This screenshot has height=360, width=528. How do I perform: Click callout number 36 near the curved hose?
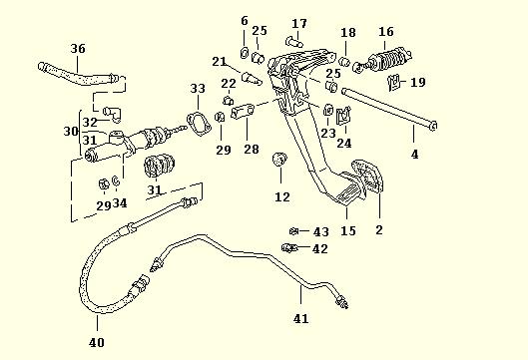point(79,48)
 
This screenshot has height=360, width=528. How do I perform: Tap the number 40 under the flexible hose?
point(97,343)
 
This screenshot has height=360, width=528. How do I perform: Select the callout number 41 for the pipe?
point(300,319)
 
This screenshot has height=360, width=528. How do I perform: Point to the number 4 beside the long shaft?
point(415,154)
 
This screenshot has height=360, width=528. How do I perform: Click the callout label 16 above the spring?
point(385,32)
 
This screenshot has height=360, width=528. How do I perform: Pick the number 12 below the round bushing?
point(282,197)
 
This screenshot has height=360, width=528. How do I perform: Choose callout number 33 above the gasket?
point(197,90)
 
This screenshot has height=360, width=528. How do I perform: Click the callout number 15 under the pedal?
point(348,231)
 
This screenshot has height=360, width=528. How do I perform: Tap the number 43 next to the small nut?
point(320,231)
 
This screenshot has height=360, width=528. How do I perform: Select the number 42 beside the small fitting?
point(319,249)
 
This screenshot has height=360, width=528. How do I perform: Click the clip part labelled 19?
point(394,82)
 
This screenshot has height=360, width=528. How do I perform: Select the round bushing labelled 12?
point(281,159)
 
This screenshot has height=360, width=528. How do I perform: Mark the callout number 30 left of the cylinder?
point(71,132)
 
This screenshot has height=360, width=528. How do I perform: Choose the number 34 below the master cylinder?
point(120,204)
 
